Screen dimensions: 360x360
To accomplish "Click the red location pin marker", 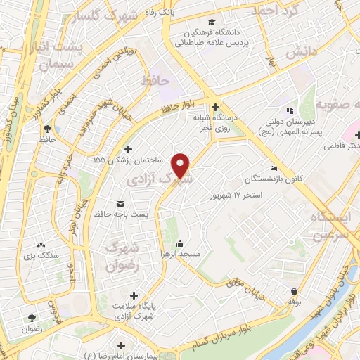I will pyautogui.click(x=181, y=165).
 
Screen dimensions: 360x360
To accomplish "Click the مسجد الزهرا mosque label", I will pyautogui.click(x=181, y=252).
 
